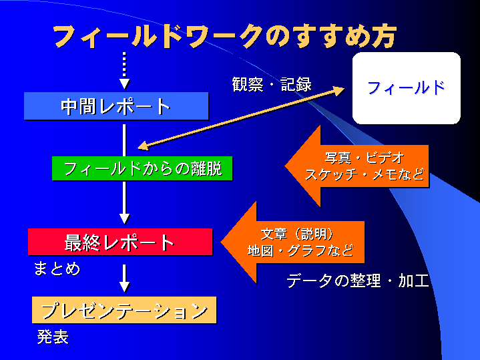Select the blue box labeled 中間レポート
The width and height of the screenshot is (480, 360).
click(116, 106)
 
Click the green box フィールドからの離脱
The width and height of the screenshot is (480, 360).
click(142, 168)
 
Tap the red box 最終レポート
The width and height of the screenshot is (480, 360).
click(119, 242)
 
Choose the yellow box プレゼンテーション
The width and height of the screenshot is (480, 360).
click(125, 311)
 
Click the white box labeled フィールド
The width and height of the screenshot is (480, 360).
click(406, 87)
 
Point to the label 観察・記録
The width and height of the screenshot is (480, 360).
click(272, 85)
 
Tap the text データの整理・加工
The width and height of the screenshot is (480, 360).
click(357, 281)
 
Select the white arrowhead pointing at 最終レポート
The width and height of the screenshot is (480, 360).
click(124, 218)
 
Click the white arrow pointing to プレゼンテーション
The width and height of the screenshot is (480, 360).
click(124, 278)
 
